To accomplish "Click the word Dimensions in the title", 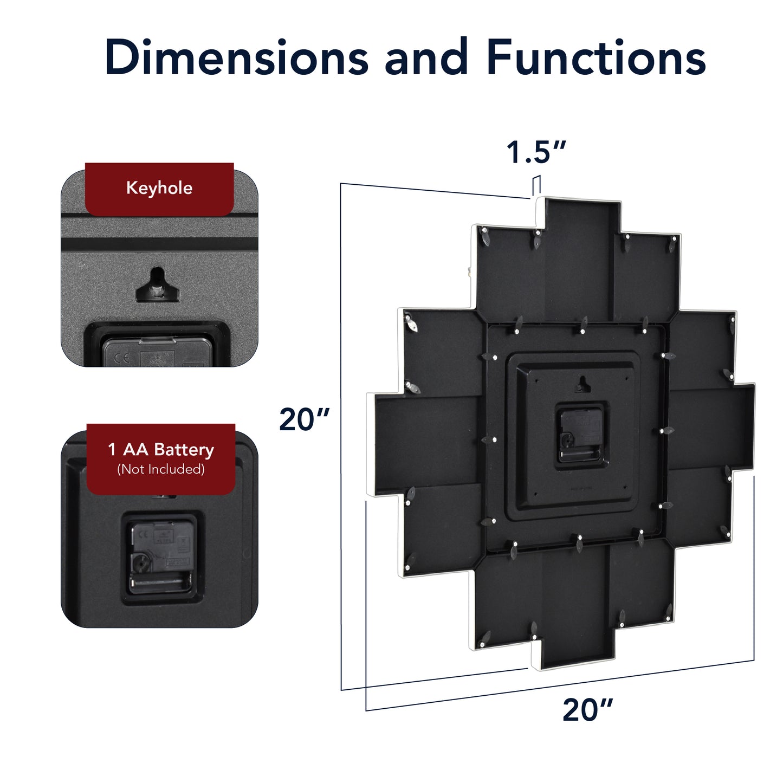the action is point(236,57).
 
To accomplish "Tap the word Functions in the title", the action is point(596,57).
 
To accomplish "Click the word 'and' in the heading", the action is point(426,57).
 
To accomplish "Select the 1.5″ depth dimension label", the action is point(536,152).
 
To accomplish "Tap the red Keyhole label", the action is point(159,189).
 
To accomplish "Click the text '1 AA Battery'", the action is point(161,449).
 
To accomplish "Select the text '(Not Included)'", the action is point(161,469).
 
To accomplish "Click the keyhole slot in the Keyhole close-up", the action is point(157,285).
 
